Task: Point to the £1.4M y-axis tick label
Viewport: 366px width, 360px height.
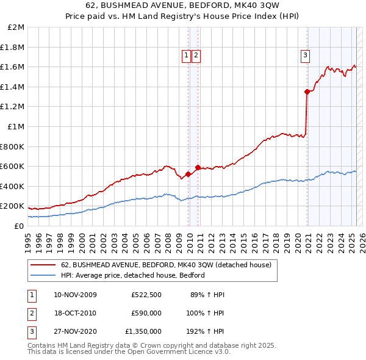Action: coord(13,87)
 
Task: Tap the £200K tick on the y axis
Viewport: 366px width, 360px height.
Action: coord(13,206)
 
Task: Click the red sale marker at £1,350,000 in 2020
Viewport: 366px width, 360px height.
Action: coord(306,92)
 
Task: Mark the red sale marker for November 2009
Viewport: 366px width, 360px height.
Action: coord(188,174)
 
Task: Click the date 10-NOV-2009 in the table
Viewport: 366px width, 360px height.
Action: coord(75,295)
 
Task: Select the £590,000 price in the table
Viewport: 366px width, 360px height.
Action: coord(146,313)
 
